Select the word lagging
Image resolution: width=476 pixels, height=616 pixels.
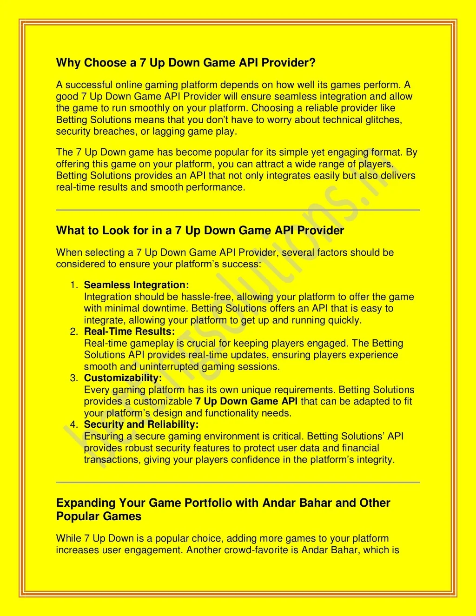pos(168,132)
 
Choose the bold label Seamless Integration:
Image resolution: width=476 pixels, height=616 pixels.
pos(137,285)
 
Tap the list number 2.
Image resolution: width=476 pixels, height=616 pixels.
pos(73,331)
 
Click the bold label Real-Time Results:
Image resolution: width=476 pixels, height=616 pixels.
pos(130,331)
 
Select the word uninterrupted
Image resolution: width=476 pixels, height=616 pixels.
pos(160,367)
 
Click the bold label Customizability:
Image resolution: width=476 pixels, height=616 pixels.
pos(123,378)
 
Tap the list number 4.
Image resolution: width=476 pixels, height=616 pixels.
pos(73,424)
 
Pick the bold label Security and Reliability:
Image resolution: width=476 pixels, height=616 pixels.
pos(141,424)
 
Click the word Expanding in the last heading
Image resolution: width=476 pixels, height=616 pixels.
pos(86,503)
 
